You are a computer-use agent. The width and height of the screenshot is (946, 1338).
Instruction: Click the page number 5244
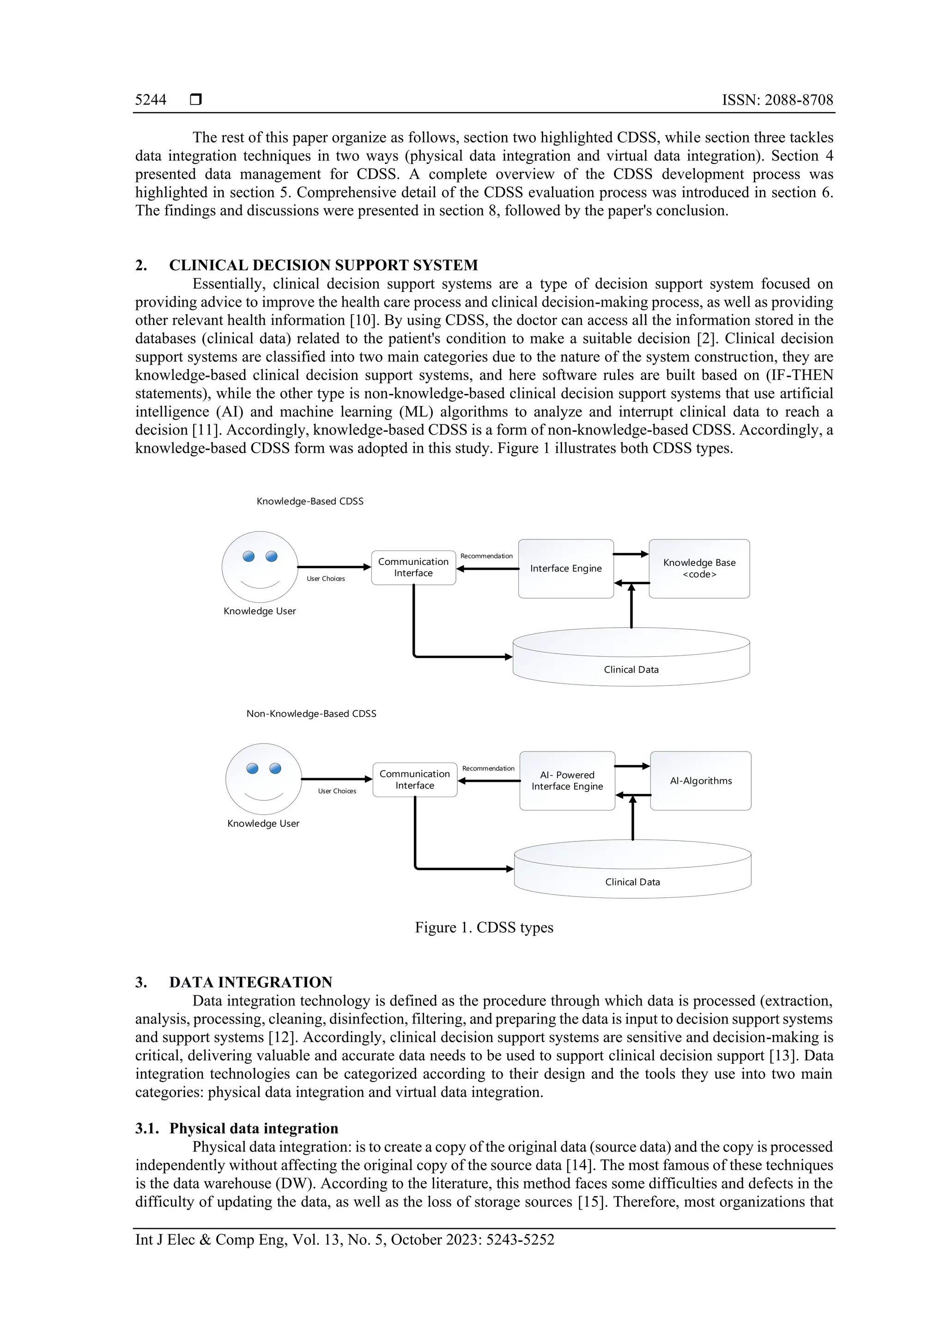click(x=151, y=100)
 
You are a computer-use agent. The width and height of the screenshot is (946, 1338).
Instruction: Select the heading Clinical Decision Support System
click(x=323, y=265)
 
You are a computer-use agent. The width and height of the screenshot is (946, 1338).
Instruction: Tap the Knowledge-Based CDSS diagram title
click(x=309, y=501)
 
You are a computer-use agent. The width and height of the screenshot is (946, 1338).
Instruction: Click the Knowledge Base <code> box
click(x=699, y=568)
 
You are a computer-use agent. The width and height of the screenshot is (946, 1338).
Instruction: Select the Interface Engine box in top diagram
click(x=565, y=568)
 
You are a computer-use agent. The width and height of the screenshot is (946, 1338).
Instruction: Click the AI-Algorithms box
click(x=701, y=781)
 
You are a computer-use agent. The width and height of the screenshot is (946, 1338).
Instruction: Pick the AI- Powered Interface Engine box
click(x=567, y=781)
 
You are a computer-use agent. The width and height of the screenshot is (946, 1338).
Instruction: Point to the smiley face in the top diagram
click(x=260, y=566)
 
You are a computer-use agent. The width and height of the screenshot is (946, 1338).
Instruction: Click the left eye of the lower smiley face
click(x=252, y=768)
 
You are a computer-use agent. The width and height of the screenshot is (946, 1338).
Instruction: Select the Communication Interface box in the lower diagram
click(x=414, y=780)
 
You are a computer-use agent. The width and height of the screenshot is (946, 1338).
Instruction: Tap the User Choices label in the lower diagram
click(x=337, y=791)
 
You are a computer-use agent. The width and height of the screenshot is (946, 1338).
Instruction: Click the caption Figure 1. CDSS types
click(x=484, y=927)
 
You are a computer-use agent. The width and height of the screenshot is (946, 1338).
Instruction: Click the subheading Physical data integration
click(x=254, y=1128)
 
